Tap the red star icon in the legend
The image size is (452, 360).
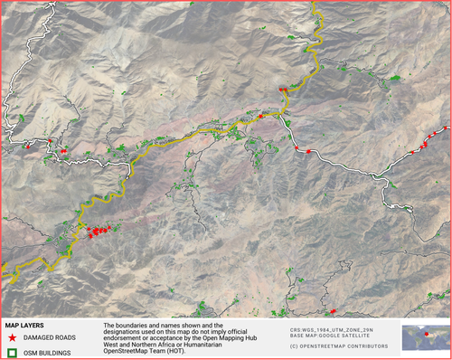coord(13,336)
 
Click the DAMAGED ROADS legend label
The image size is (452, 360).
coord(50,336)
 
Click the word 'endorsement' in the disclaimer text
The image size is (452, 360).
coord(125,338)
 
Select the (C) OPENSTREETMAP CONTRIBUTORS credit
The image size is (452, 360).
coord(340,346)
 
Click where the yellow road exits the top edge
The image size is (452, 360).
coord(314,4)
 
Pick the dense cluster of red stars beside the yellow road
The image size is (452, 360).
coord(99,231)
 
